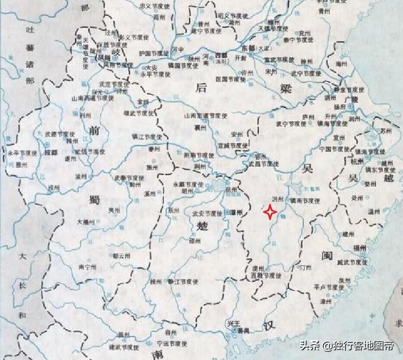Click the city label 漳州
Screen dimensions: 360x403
(325, 302)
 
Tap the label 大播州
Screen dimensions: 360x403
(85, 222)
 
